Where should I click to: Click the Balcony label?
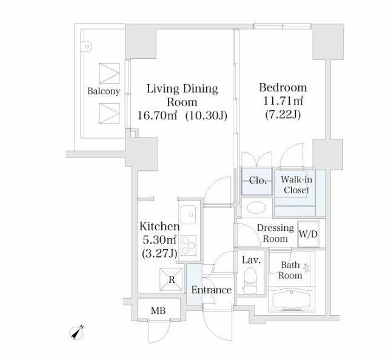[x=104, y=92]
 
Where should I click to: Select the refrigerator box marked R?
[x=171, y=279]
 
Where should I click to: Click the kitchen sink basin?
[x=189, y=215]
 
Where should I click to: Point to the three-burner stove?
[x=189, y=245]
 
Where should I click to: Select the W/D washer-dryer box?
[x=308, y=234]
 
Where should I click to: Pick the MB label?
[x=158, y=310]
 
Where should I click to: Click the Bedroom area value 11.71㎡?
[x=283, y=101]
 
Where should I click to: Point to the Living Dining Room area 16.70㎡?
[x=158, y=115]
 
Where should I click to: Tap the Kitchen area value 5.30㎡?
[x=159, y=239]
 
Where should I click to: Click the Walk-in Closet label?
[x=296, y=185]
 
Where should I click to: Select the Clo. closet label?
[x=258, y=181]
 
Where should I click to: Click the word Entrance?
[x=212, y=290]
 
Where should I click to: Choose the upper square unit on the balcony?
[x=109, y=73]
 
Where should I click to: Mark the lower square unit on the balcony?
[x=109, y=113]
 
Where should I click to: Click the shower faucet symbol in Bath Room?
[x=307, y=268]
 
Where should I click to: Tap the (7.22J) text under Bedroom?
[x=283, y=115]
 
